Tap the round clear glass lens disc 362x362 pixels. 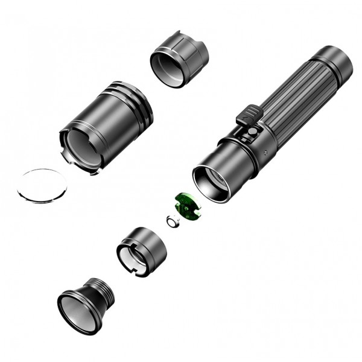click(43, 185)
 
